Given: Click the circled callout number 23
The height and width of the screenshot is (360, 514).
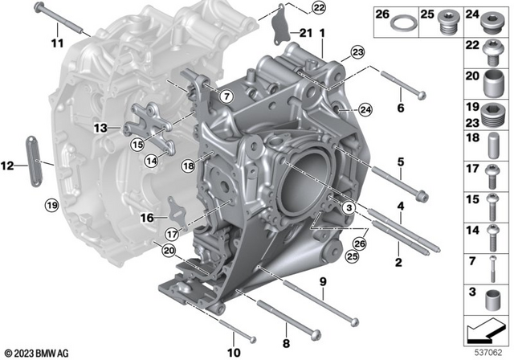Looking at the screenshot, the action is tap(357, 52).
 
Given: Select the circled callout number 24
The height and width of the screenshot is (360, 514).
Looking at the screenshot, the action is tap(365, 110).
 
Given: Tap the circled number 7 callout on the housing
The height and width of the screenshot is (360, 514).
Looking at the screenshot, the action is tap(226, 96).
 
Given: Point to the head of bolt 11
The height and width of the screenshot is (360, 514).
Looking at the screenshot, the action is tap(39, 6).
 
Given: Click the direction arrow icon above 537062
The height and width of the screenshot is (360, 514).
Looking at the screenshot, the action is tap(485, 330).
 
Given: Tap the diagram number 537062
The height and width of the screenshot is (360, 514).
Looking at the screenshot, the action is tap(488, 353).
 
